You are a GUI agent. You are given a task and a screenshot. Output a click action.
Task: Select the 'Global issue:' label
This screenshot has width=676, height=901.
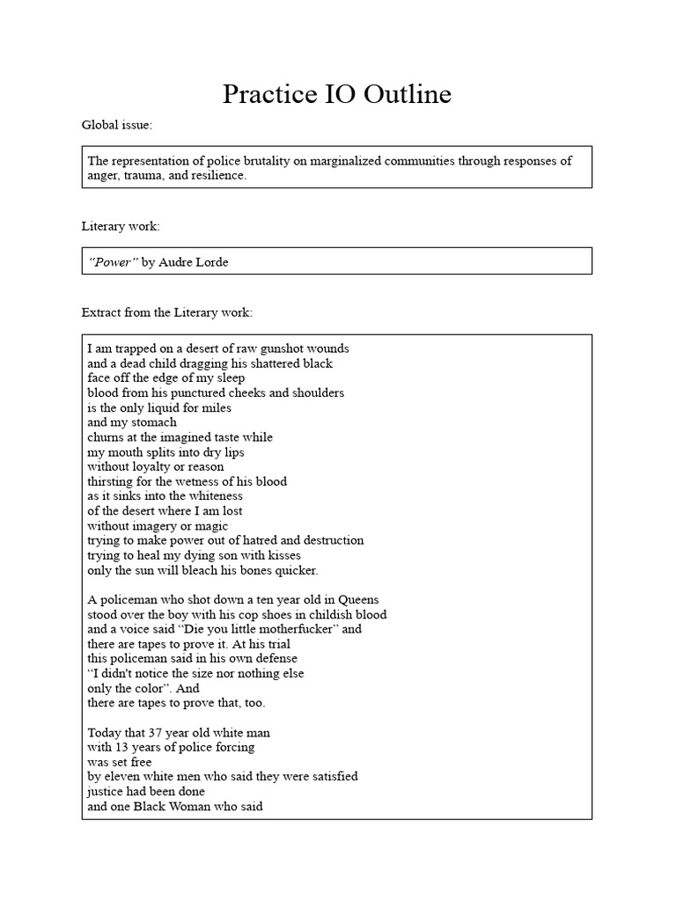click(117, 125)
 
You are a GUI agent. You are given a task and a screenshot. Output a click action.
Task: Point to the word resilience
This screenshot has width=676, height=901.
click(218, 175)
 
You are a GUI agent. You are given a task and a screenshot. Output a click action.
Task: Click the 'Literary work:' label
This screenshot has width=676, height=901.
click(121, 227)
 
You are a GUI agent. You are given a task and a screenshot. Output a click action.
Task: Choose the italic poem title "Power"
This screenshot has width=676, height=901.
click(112, 262)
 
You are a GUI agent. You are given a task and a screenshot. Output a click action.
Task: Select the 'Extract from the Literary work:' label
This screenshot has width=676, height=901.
click(166, 312)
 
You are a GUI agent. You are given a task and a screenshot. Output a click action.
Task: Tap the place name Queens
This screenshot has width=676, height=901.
click(364, 599)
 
